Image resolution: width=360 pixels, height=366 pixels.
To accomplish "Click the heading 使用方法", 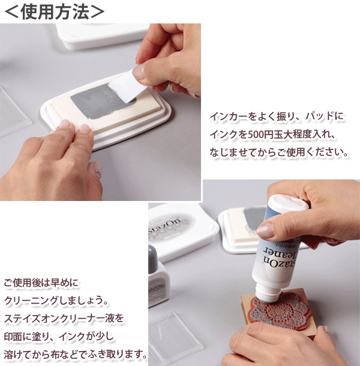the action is (x=55, y=12).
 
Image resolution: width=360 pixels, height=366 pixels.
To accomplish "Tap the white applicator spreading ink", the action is (x=127, y=86).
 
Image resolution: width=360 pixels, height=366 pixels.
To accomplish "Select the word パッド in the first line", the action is (x=320, y=116).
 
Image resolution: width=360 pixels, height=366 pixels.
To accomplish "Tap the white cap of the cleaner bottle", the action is (x=289, y=203).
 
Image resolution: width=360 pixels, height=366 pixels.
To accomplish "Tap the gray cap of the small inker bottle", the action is (x=152, y=256).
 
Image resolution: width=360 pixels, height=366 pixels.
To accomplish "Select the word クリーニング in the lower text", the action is (x=31, y=300).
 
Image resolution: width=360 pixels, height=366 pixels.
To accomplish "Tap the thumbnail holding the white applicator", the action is (x=139, y=71).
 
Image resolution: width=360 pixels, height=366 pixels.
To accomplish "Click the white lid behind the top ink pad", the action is (x=103, y=35).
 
